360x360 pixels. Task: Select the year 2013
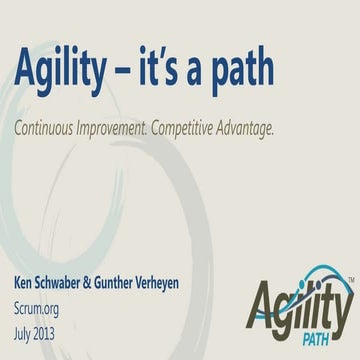pos(58,321)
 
